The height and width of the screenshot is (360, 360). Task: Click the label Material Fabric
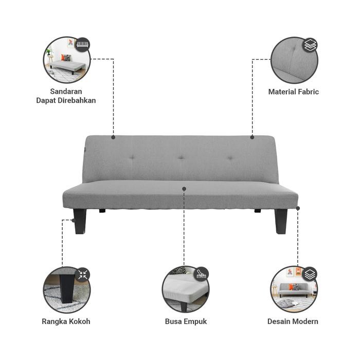tap(293, 92)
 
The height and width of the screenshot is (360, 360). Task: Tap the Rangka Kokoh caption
tap(66, 321)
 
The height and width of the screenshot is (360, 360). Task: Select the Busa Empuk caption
tap(186, 321)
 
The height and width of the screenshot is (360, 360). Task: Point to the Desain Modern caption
tap(293, 321)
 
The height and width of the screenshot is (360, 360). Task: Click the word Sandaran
tap(66, 92)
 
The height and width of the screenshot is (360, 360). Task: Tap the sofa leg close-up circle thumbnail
tap(66, 290)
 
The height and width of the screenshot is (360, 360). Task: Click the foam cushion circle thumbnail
tap(185, 290)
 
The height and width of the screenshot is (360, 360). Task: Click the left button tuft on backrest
tap(132, 157)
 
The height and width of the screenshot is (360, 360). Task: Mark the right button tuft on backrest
tap(229, 157)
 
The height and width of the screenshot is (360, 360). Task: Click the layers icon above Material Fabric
tap(310, 45)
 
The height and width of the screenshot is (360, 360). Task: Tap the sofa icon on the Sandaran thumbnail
tap(82, 45)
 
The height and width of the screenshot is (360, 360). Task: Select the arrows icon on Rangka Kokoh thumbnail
tap(82, 274)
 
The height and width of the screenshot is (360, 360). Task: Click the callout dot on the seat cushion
tap(184, 189)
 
